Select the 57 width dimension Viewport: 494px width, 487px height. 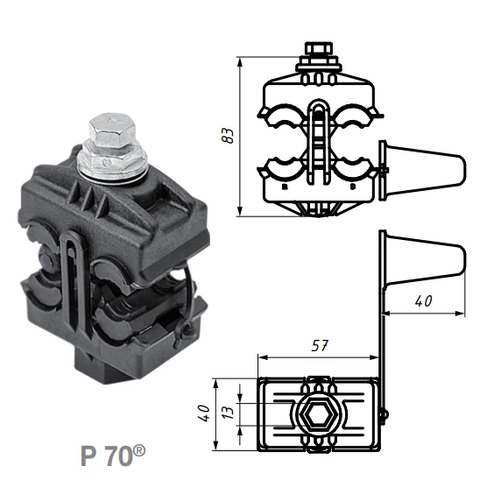coord(321,345)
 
